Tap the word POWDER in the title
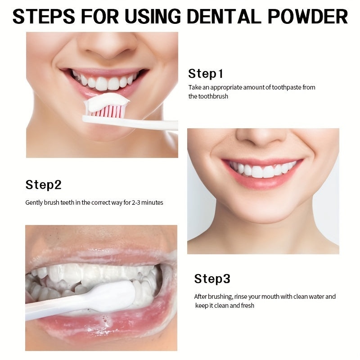[x=308, y=17]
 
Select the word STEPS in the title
[x=45, y=17]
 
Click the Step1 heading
[x=206, y=74]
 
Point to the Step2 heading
[x=43, y=184]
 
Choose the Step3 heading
[x=212, y=279]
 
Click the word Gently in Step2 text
[x=34, y=202]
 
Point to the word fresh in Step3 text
[x=247, y=306]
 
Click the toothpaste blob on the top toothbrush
[x=106, y=102]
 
